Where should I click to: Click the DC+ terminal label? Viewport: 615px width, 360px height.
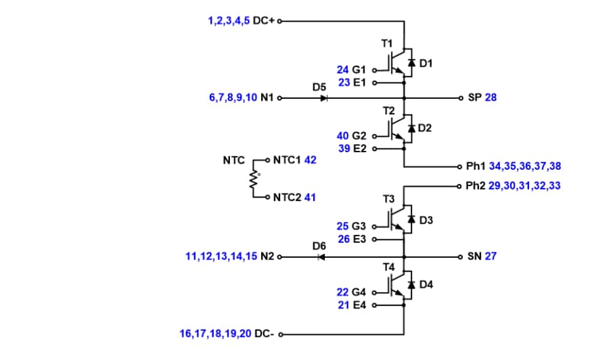point(265,21)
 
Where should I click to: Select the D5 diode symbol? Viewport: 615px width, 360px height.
point(323,98)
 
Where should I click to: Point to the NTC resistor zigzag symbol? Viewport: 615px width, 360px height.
point(254,179)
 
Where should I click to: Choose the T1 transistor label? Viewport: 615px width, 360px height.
point(387,43)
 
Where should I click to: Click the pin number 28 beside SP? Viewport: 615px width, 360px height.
point(491,97)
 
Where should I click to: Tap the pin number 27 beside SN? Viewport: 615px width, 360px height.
point(491,256)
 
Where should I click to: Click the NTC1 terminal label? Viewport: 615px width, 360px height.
point(288,160)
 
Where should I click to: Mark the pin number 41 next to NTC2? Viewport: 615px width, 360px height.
point(310,198)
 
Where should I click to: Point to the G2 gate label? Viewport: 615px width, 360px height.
point(359,136)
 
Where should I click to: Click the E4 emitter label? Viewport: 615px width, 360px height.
point(359,305)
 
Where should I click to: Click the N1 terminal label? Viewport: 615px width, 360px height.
point(267,97)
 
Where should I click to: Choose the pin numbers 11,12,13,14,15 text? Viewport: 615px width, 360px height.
point(221,256)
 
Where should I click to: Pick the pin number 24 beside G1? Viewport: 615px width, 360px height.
point(343,70)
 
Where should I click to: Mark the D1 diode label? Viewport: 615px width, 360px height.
point(426,63)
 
